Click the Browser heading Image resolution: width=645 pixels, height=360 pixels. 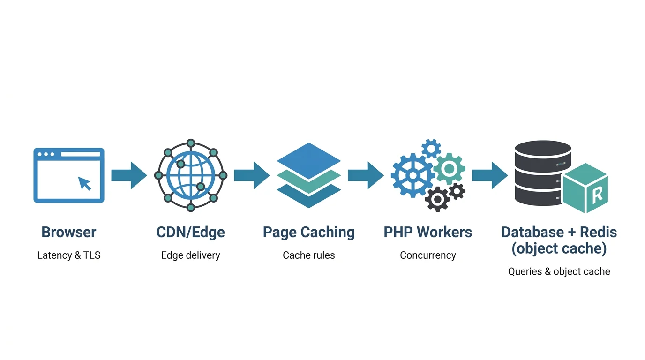point(69,232)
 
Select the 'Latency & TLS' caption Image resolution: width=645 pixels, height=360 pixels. point(69,255)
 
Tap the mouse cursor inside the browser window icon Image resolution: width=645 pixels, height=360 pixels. point(85,183)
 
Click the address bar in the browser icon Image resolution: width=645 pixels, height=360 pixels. point(80,154)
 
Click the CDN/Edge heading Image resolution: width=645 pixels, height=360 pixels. point(190,232)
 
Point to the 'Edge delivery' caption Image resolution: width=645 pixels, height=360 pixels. point(190,255)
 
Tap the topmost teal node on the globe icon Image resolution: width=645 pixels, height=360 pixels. point(190,143)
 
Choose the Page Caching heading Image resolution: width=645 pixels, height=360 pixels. point(308,232)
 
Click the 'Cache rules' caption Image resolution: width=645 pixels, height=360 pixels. point(308,255)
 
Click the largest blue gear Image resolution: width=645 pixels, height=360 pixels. point(412,175)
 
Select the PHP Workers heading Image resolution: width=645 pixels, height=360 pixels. point(427,232)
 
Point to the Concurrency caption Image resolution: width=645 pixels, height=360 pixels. point(427,255)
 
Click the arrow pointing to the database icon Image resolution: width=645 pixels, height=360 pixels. point(489,175)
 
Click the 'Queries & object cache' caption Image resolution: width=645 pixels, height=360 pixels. point(559,271)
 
